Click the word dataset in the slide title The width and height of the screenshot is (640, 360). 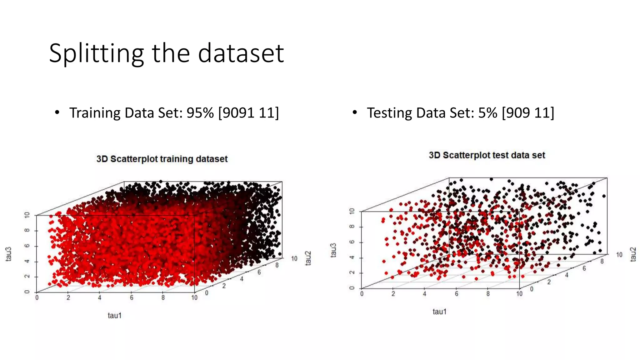point(241,53)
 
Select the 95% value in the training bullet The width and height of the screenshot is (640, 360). point(200,113)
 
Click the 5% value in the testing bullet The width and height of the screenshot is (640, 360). point(487,113)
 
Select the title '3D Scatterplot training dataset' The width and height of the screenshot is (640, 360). point(162,159)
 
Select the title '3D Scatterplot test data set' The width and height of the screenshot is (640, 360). point(487,155)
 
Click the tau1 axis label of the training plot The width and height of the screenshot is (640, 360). point(115,315)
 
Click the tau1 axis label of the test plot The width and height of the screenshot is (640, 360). point(440,311)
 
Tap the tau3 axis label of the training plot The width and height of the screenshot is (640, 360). point(9,254)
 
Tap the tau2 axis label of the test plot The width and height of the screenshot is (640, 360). point(633,254)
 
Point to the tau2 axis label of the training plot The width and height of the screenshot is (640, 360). point(308,258)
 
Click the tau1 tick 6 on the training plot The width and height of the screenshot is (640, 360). point(132,298)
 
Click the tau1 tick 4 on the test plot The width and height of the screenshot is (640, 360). point(424,294)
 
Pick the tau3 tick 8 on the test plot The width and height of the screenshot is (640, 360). point(352,227)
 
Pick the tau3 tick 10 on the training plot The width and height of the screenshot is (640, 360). point(27,215)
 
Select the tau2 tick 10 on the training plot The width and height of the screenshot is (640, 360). point(294,258)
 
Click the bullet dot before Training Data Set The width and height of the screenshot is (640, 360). point(57,112)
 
